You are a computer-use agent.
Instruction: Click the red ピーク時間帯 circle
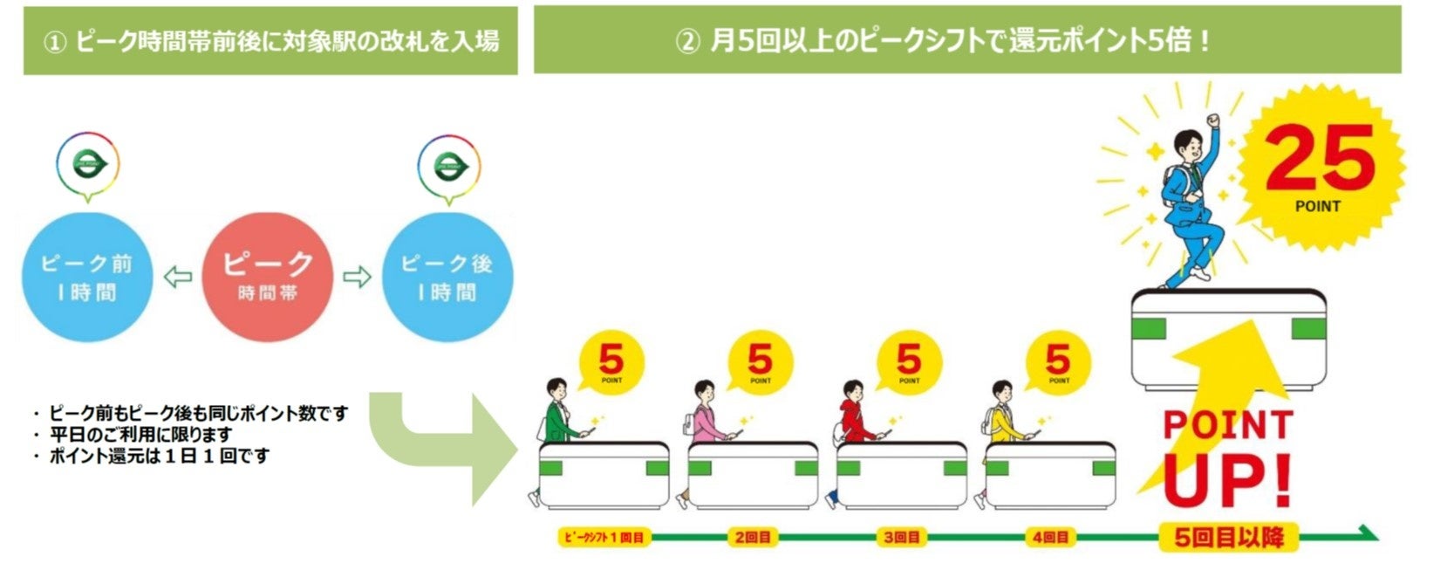pyautogui.click(x=267, y=277)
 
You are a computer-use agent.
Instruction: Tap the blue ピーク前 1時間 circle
pyautogui.click(x=87, y=277)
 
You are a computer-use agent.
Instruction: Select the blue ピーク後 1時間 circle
pyautogui.click(x=447, y=277)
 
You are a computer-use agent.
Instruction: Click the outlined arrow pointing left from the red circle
pyautogui.click(x=178, y=278)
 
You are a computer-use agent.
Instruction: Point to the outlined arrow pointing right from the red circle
pyautogui.click(x=357, y=278)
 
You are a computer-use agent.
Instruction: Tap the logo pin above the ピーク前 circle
pyautogui.click(x=87, y=165)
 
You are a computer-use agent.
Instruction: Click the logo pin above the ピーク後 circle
pyautogui.click(x=447, y=167)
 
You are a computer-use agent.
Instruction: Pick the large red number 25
pyautogui.click(x=1319, y=160)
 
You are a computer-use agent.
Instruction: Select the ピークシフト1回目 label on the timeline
pyautogui.click(x=603, y=537)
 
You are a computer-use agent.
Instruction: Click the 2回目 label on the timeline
pyautogui.click(x=752, y=537)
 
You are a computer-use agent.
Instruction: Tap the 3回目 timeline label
pyautogui.click(x=901, y=537)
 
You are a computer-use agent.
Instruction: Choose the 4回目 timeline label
pyautogui.click(x=1050, y=537)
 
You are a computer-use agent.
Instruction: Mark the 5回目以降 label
pyautogui.click(x=1228, y=537)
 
